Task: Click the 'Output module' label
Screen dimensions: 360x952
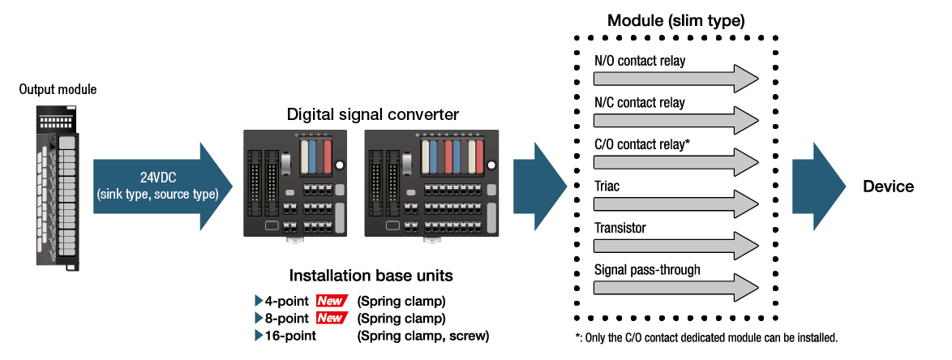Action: (x=58, y=89)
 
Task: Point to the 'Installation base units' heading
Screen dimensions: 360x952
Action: (x=371, y=276)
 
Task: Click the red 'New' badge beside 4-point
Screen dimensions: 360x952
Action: (x=331, y=301)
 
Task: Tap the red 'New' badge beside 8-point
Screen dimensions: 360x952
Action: (x=331, y=318)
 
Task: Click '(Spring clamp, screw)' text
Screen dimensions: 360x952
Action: (x=423, y=335)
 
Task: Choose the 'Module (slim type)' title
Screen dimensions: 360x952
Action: (x=675, y=19)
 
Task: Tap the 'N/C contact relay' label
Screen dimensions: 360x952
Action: (x=639, y=103)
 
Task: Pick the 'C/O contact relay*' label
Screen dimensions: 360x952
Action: (x=642, y=144)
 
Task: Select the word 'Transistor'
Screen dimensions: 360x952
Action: (x=620, y=228)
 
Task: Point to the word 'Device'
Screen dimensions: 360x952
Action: (x=888, y=187)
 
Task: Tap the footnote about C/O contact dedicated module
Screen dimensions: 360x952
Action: (x=705, y=336)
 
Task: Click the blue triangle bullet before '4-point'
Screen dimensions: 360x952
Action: (x=259, y=301)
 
